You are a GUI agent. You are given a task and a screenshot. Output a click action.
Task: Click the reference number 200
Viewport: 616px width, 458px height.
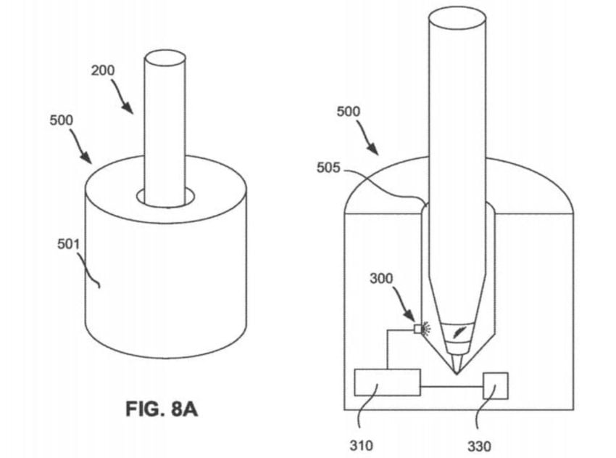[103, 70]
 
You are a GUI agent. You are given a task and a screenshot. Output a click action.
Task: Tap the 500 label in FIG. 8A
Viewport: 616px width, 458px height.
[62, 120]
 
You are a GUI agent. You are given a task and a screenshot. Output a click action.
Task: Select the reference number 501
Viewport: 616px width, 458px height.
[68, 245]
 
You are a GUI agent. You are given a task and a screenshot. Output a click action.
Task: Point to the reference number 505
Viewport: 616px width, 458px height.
[328, 168]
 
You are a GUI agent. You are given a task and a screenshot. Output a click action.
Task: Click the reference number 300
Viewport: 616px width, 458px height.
[381, 279]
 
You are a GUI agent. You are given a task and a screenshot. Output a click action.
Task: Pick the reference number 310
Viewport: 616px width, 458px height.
[361, 446]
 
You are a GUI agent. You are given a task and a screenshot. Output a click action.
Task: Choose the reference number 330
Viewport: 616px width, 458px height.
[479, 446]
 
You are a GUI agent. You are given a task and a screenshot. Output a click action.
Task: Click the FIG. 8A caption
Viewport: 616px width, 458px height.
[162, 409]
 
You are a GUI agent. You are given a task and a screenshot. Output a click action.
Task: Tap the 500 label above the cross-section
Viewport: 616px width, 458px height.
[349, 112]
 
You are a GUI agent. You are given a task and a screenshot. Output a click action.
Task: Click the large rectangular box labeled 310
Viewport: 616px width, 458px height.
[388, 382]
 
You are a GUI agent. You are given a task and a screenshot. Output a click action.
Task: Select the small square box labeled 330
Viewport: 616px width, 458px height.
[496, 385]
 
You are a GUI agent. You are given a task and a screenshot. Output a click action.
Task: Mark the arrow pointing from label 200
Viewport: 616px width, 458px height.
[122, 97]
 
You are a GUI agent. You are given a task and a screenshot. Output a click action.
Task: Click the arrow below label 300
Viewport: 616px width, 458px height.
[404, 304]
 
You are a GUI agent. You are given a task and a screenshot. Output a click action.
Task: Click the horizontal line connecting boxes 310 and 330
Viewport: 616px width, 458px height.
[451, 387]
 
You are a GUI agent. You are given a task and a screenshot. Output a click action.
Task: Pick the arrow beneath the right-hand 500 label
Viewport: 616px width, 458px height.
[367, 137]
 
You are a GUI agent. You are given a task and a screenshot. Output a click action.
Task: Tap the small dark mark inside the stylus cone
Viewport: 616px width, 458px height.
[458, 332]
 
